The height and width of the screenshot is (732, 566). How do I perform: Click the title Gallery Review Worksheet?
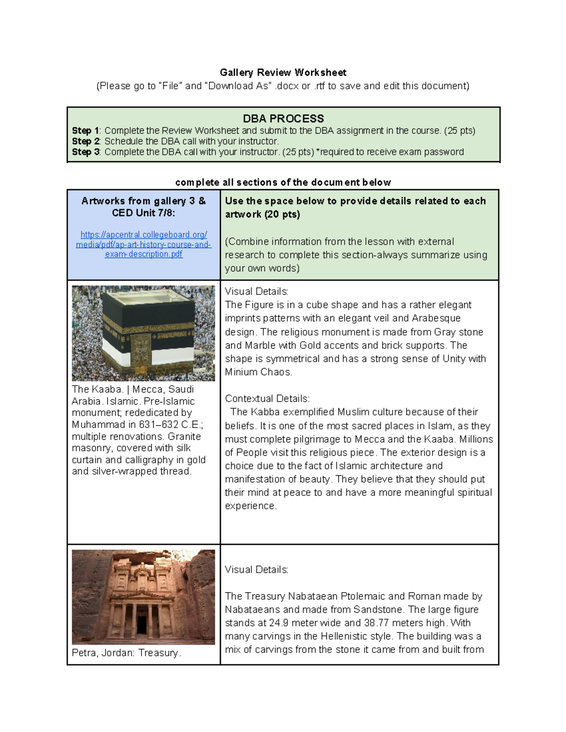(283, 73)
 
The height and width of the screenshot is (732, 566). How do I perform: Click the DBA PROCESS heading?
(283, 118)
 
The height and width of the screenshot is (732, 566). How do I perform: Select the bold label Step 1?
(85, 131)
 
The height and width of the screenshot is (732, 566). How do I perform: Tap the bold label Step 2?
(85, 141)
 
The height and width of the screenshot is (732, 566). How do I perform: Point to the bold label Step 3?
(85, 152)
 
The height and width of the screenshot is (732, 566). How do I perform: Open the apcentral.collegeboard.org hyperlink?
(143, 244)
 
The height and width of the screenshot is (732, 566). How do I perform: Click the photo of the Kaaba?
(143, 333)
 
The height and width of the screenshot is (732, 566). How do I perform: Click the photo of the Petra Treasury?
(143, 597)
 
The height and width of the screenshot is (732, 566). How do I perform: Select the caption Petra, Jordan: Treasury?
(126, 653)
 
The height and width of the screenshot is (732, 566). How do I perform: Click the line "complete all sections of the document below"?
(283, 182)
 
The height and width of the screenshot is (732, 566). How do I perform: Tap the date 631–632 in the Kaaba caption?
(159, 425)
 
